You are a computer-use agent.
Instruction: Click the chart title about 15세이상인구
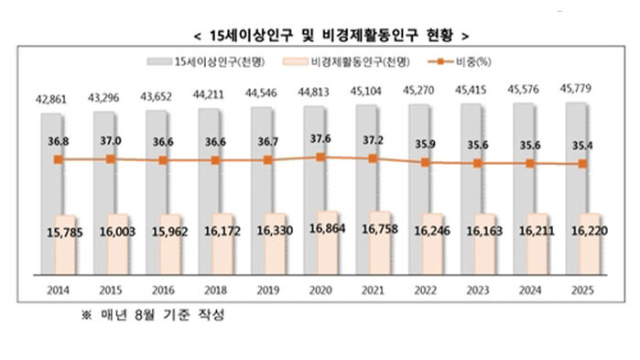click(320, 37)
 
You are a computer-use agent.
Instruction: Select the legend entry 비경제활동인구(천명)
click(347, 63)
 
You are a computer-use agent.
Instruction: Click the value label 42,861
click(54, 97)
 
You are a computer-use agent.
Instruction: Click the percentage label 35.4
click(580, 145)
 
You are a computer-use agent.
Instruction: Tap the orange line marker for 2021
click(371, 158)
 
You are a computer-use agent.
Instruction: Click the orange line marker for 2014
click(58, 159)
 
